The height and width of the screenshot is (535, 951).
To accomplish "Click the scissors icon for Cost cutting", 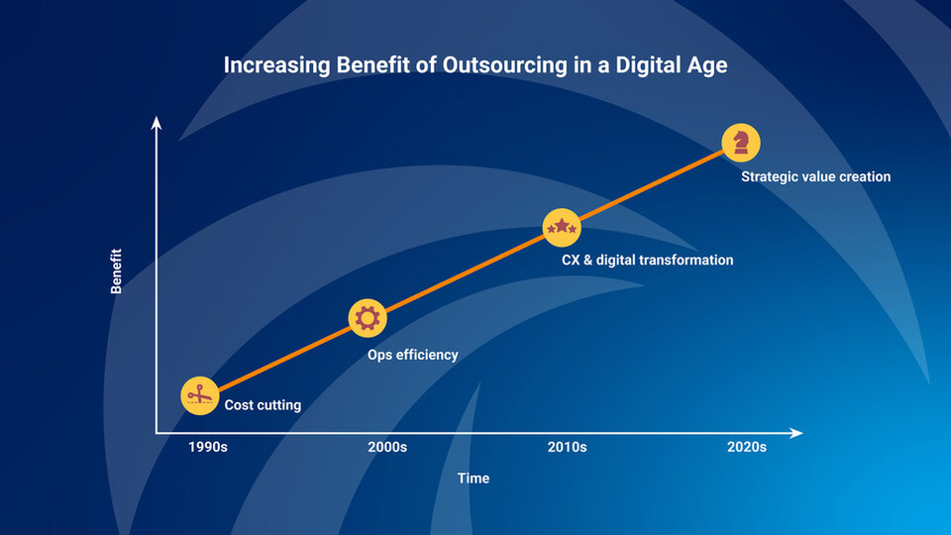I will coord(199,395).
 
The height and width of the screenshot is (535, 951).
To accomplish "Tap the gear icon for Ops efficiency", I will coord(368,318).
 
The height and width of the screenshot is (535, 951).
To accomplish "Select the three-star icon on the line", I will coord(562,228).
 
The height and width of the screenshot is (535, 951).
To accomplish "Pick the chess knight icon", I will coord(740,142).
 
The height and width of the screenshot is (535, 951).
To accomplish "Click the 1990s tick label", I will coord(208,447).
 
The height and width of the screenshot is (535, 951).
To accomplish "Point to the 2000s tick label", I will coord(387,447).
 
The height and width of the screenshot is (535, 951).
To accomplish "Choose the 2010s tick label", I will coord(567,447).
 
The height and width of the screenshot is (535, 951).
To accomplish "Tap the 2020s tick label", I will coord(746,447).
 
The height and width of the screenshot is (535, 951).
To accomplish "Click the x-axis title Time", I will coord(474,479).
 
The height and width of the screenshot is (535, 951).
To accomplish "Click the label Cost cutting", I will coord(263,405).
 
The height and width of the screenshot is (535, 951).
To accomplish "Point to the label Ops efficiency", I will coord(413,355).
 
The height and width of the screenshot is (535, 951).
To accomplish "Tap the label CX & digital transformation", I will coord(648,261).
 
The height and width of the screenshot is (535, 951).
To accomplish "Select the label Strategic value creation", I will coord(816,177).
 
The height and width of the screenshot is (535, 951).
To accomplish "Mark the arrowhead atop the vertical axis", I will coord(156,122).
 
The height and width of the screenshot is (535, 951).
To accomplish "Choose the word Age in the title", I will coord(708,66).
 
